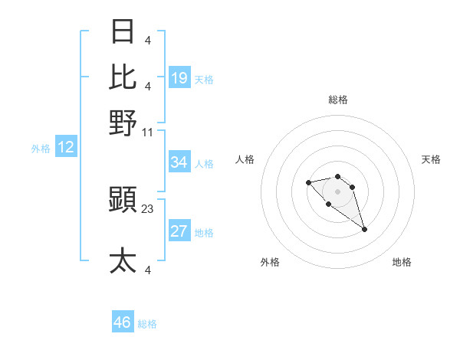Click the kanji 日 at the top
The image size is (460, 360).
[x=123, y=31]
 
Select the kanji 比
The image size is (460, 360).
[x=123, y=77]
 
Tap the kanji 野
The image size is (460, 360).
[x=123, y=122]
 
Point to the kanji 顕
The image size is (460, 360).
[x=123, y=201]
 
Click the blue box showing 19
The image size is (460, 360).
[x=179, y=77]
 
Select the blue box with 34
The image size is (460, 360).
[x=179, y=162]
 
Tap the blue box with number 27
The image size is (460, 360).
[x=179, y=231]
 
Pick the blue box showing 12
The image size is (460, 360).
[x=66, y=147]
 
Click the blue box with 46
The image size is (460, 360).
[x=123, y=322]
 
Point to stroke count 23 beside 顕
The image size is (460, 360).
[x=148, y=208]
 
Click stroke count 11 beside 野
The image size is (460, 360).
[x=148, y=132]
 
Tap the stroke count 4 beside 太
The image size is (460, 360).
[x=148, y=270]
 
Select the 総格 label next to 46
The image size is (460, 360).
[x=148, y=324]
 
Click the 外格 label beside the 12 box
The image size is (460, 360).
[x=41, y=149]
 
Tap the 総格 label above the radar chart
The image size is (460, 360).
[x=338, y=100]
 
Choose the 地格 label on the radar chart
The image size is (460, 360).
[x=402, y=262]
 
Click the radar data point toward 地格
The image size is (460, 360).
[x=364, y=229]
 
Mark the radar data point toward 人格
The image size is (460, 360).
[x=308, y=182]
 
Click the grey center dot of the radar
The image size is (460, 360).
[x=338, y=191]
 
